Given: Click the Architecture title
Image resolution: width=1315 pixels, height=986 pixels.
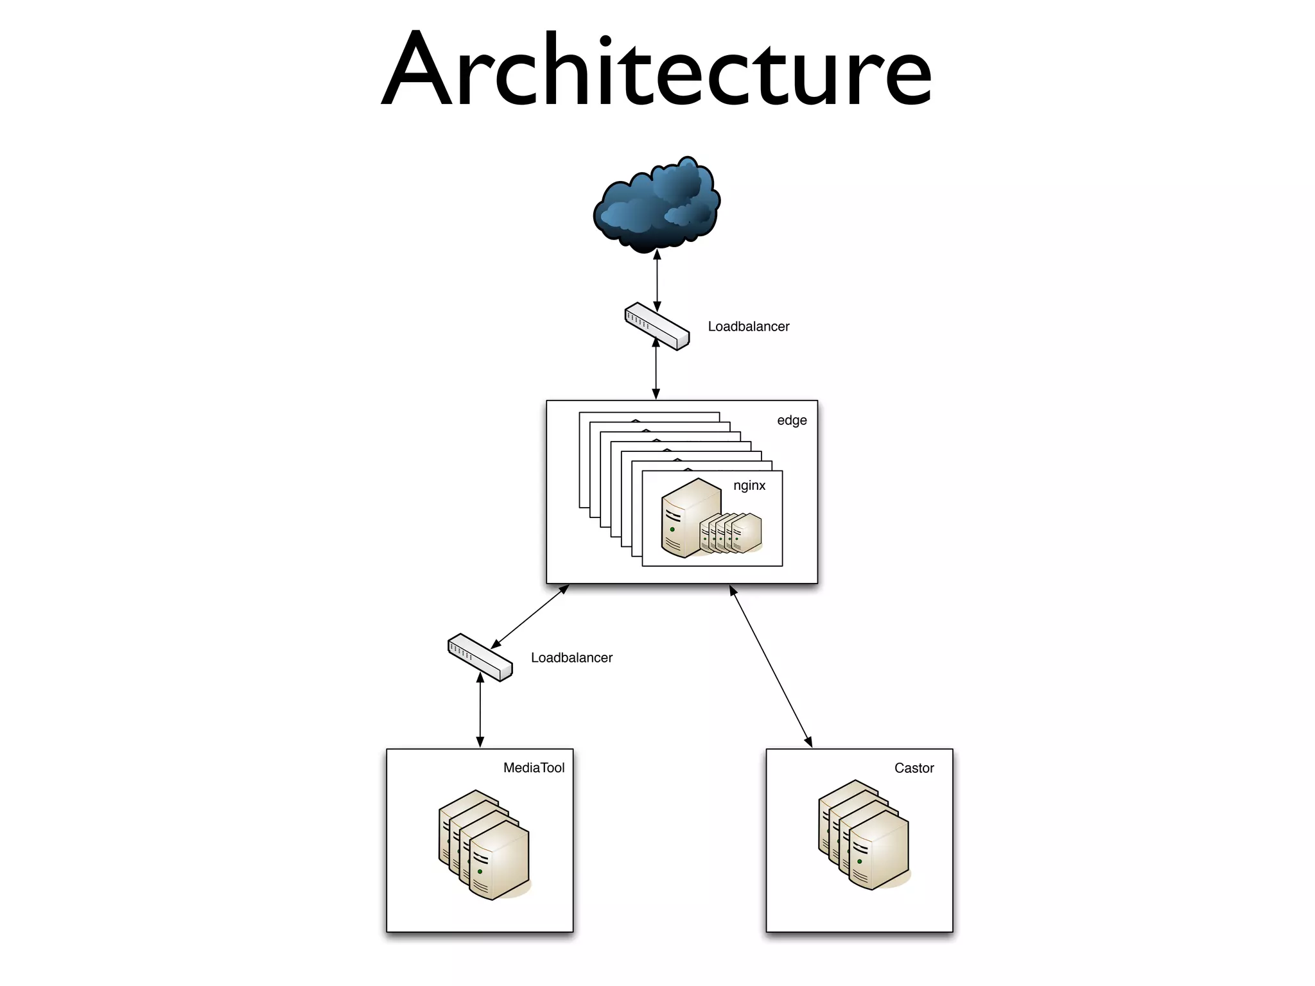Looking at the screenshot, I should click(x=656, y=69).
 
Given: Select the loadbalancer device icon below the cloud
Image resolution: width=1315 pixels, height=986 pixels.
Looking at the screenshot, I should click(x=657, y=326).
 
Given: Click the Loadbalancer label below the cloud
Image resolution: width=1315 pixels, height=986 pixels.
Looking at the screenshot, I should click(x=748, y=327).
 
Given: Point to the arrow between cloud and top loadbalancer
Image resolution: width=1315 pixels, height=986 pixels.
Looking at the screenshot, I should click(x=657, y=280).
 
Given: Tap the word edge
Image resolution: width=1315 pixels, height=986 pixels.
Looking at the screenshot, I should click(x=792, y=420).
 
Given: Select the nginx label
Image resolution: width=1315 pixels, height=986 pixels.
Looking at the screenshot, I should click(x=749, y=485).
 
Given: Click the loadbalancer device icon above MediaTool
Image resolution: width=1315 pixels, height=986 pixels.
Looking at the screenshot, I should click(x=480, y=657).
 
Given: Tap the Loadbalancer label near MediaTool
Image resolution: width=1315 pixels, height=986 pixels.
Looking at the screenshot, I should click(x=571, y=658).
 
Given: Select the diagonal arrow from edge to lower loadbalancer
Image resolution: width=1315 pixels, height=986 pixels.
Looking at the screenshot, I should click(x=530, y=616).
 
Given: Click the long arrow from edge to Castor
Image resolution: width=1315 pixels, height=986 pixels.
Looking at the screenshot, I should click(x=771, y=666).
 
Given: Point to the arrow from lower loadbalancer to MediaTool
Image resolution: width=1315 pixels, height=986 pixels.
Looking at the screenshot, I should click(x=480, y=710).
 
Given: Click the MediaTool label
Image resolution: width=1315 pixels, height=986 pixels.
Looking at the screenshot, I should click(x=534, y=768).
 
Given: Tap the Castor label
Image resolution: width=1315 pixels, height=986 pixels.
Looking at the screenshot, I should click(x=914, y=768).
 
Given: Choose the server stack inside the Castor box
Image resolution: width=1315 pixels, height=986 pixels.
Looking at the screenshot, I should click(x=864, y=835).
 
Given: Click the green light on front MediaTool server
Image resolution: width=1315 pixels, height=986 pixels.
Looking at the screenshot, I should click(x=480, y=872).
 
